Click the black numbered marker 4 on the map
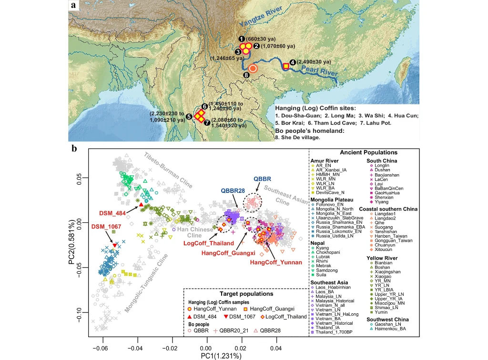[293, 62]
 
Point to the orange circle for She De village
[253, 69]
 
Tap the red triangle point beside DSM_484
[141, 204]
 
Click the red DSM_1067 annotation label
[106, 226]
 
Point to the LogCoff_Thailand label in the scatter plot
[208, 243]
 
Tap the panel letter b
[74, 149]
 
